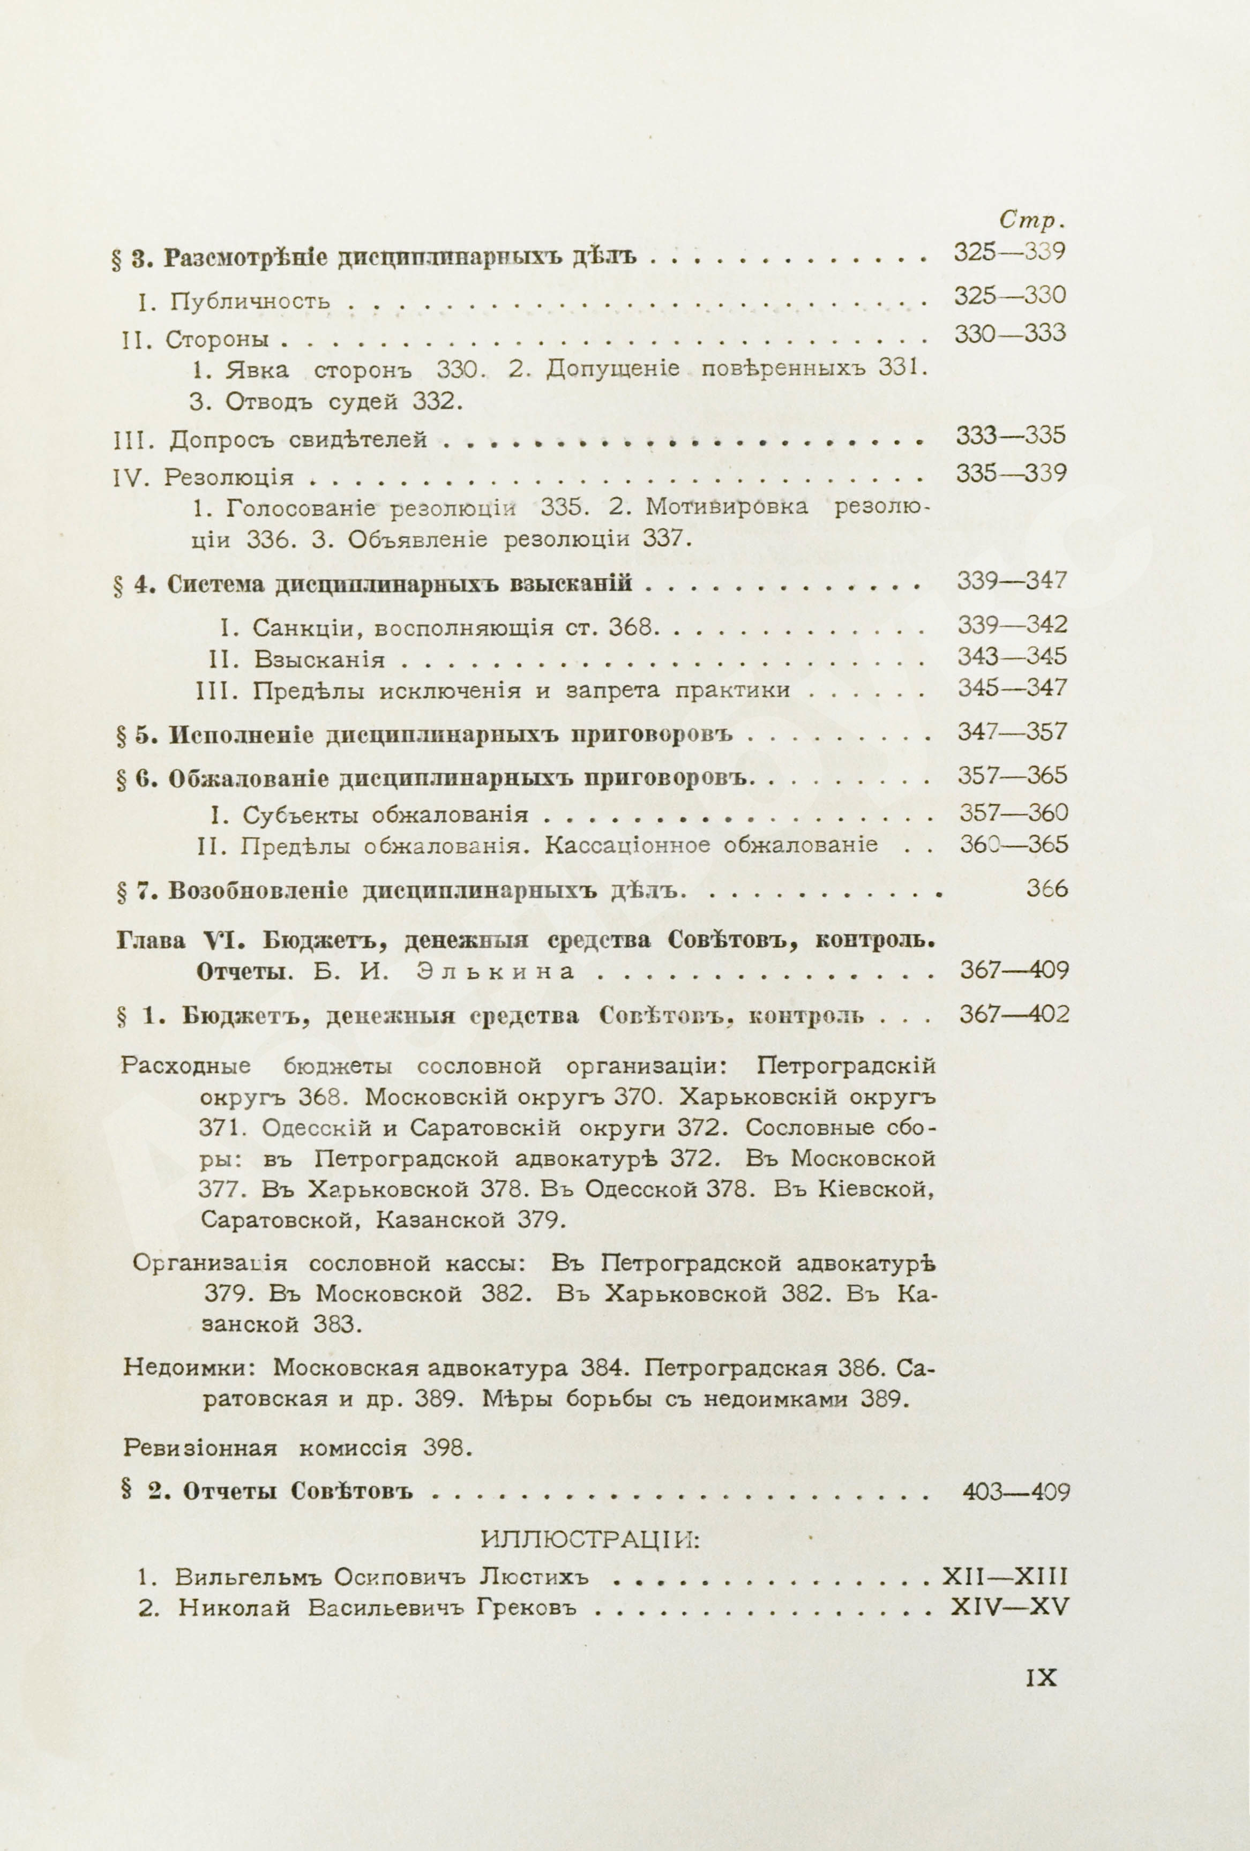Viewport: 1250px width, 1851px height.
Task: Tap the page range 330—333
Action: point(1009,334)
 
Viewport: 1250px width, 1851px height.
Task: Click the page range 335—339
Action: point(1010,474)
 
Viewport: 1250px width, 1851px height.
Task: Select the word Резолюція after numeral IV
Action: point(229,478)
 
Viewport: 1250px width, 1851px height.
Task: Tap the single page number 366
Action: point(1047,889)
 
